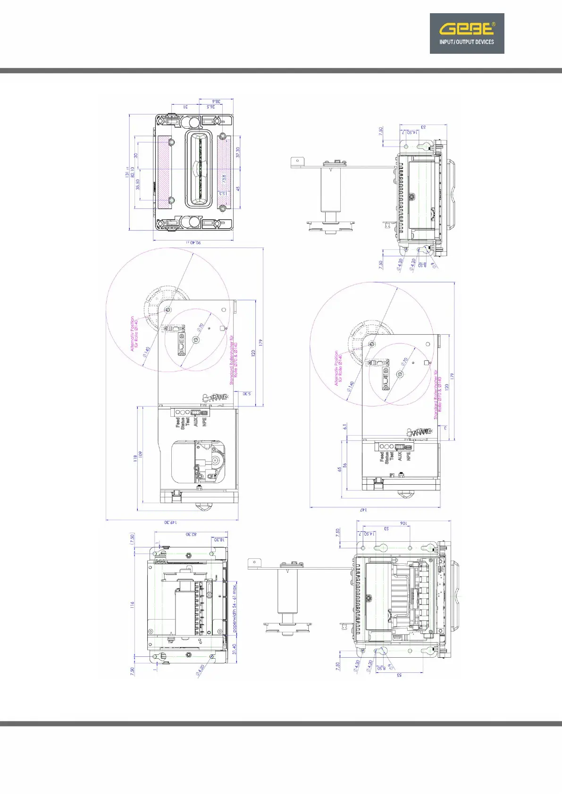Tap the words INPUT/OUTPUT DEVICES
tap(467, 42)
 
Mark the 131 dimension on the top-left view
tap(127, 172)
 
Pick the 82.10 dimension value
tap(133, 172)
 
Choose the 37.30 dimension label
tap(238, 152)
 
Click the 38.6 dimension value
tap(216, 101)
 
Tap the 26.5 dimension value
tap(211, 107)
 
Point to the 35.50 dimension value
tap(138, 184)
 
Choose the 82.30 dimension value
tap(191, 534)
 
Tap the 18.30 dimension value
tap(219, 539)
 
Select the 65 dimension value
tap(339, 470)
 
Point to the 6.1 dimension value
tap(345, 426)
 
